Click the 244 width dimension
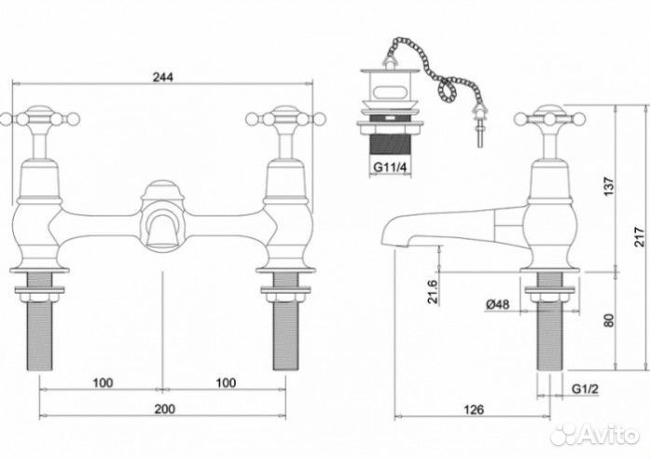(x=163, y=77)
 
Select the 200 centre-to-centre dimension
(x=164, y=409)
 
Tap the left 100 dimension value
(x=103, y=382)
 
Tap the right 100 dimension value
(x=226, y=382)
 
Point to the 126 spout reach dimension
(x=474, y=409)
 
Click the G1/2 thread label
(x=586, y=389)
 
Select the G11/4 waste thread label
(x=391, y=168)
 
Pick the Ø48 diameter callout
(x=497, y=304)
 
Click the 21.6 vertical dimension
(x=433, y=291)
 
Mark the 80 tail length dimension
(x=609, y=320)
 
